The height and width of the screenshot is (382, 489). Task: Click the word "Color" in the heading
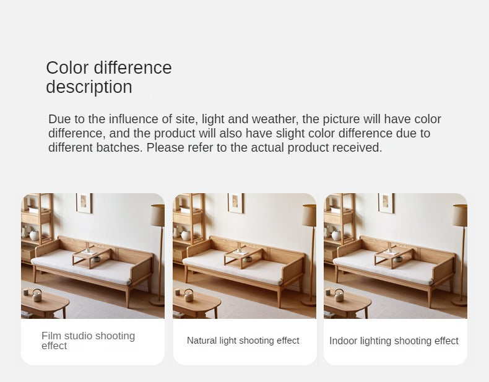coord(67,67)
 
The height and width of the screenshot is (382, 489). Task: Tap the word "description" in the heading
coord(89,87)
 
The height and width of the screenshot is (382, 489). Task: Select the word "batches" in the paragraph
coord(119,147)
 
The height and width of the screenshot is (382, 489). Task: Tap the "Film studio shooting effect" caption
coord(89,341)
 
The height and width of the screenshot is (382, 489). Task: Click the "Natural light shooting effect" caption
coord(243,341)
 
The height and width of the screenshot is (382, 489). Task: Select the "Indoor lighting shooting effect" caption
coord(394,341)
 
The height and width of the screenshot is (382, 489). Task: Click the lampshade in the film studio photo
coord(158,215)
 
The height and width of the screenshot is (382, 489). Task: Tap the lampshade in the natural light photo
coord(309,215)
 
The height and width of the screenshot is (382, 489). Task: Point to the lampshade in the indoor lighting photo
coord(461,215)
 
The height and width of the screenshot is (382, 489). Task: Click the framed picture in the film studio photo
coord(84,203)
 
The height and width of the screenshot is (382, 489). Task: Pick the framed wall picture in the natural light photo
coord(236,203)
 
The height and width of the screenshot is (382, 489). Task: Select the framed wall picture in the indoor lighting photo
coord(386,203)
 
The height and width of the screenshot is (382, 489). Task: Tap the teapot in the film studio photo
coord(37,295)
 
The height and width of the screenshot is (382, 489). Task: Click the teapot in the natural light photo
coord(189,295)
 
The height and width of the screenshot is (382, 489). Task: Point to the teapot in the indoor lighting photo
coord(339,295)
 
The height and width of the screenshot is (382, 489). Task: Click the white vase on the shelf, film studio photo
coord(34,235)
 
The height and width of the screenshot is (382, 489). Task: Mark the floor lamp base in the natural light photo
coord(309,301)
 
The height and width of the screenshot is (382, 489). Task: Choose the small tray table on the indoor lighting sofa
coord(394,256)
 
